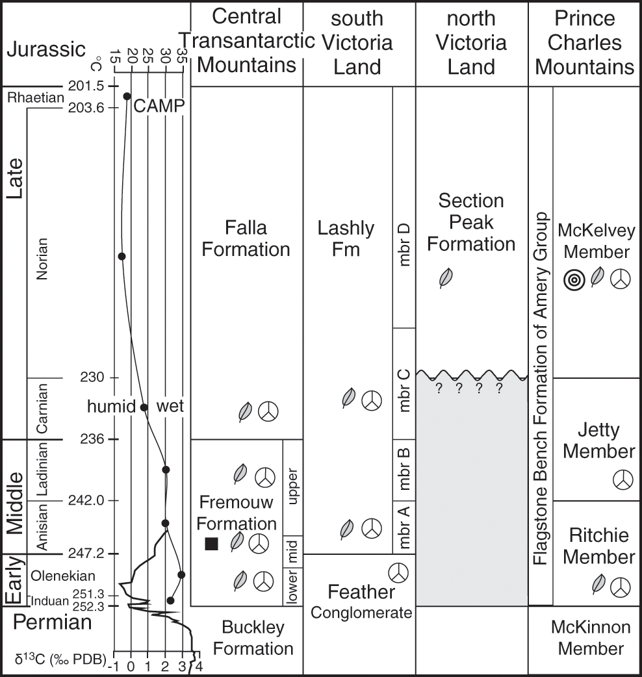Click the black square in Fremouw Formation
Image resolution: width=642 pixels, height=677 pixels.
[211, 544]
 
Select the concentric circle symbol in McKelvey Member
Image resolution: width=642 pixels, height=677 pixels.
[574, 280]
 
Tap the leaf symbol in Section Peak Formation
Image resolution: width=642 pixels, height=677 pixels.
[445, 279]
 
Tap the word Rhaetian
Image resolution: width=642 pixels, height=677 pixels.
[36, 97]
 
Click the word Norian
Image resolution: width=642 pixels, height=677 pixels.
[43, 257]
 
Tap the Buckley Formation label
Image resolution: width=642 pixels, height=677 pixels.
[254, 638]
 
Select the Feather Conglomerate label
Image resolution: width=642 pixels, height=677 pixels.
[361, 602]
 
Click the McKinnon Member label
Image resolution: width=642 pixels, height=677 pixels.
[590, 638]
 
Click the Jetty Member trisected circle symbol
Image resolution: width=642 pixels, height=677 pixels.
[622, 481]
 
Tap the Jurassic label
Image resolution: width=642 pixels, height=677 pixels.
[45, 49]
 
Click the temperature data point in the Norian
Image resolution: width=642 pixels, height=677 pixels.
[122, 256]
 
